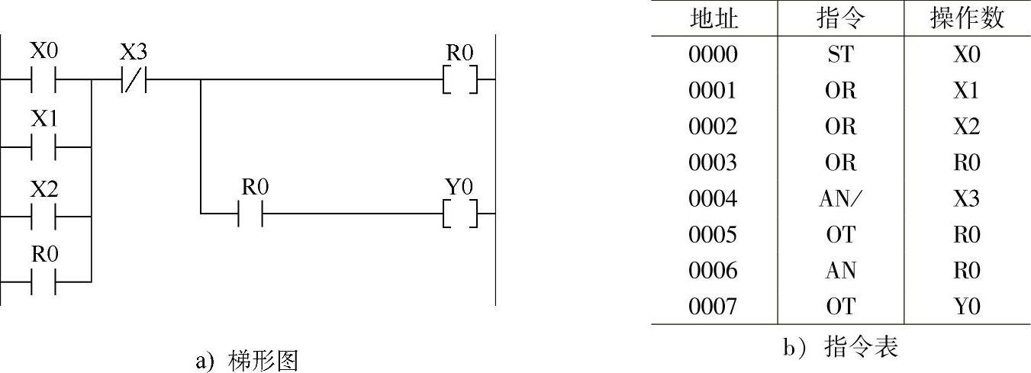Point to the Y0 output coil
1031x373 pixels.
coord(460,214)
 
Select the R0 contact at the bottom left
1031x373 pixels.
coord(43,281)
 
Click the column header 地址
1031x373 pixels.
coord(714,18)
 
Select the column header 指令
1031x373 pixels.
coord(840,18)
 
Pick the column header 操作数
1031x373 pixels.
coord(967,18)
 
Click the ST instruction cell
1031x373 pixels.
coord(840,55)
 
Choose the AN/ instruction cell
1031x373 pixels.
coord(840,199)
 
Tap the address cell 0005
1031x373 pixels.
coord(714,235)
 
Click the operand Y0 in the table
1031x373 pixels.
coord(967,307)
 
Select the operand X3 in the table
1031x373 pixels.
coord(967,199)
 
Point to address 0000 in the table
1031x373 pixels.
coord(714,55)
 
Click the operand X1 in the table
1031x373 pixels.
coord(967,91)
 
